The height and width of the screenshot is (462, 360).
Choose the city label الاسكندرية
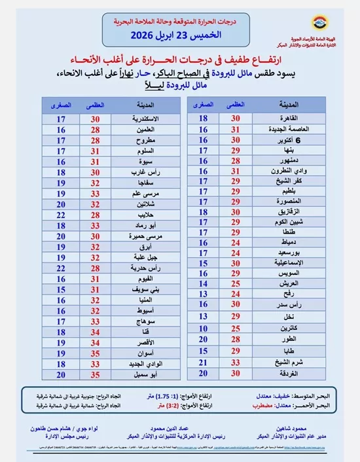tap(147, 119)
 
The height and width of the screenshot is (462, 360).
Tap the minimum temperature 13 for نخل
tap(204, 317)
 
